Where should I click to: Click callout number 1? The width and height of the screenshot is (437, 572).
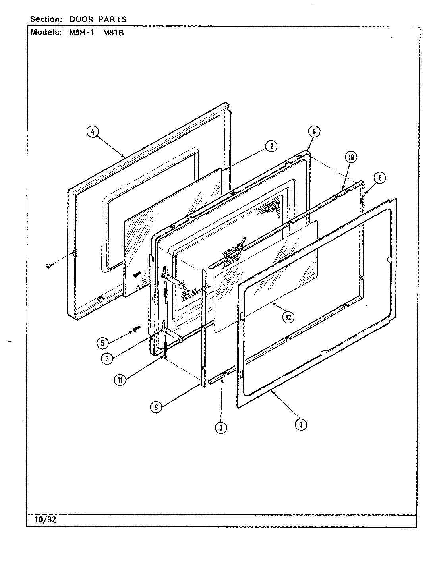click(301, 425)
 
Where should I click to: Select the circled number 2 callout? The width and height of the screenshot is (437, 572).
click(271, 146)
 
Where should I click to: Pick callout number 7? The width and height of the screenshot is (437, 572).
click(221, 428)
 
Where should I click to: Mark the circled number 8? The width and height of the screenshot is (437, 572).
click(379, 178)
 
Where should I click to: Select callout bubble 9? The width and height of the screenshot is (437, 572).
click(156, 406)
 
